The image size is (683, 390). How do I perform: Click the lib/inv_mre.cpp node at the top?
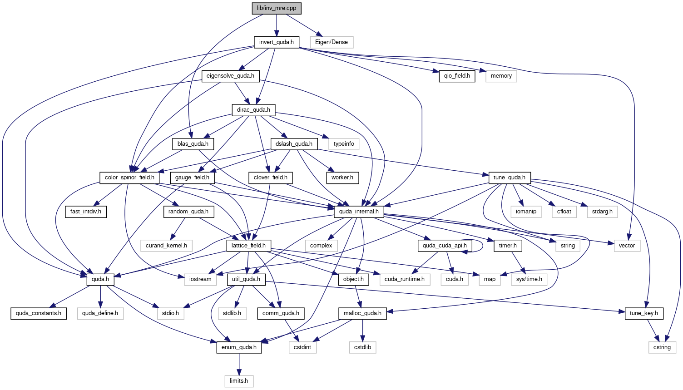click(x=277, y=8)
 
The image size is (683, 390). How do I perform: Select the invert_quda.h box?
click(x=277, y=42)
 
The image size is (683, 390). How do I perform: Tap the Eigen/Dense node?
click(x=332, y=42)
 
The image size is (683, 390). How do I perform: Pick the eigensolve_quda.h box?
click(x=231, y=76)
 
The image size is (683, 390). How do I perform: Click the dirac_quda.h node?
click(x=253, y=110)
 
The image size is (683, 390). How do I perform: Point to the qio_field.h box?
click(x=457, y=76)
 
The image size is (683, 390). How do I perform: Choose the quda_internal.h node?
click(x=359, y=212)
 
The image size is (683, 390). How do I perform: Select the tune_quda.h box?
click(x=510, y=178)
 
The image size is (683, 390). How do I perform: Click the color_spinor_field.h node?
click(x=129, y=178)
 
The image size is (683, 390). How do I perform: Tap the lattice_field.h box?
click(x=248, y=246)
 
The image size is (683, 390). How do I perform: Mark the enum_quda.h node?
click(x=239, y=348)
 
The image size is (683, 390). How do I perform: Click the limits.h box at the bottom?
click(x=239, y=381)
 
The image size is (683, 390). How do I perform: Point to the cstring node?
click(x=662, y=348)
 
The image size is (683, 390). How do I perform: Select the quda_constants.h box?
click(x=39, y=313)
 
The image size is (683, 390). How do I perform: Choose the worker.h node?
click(x=342, y=178)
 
